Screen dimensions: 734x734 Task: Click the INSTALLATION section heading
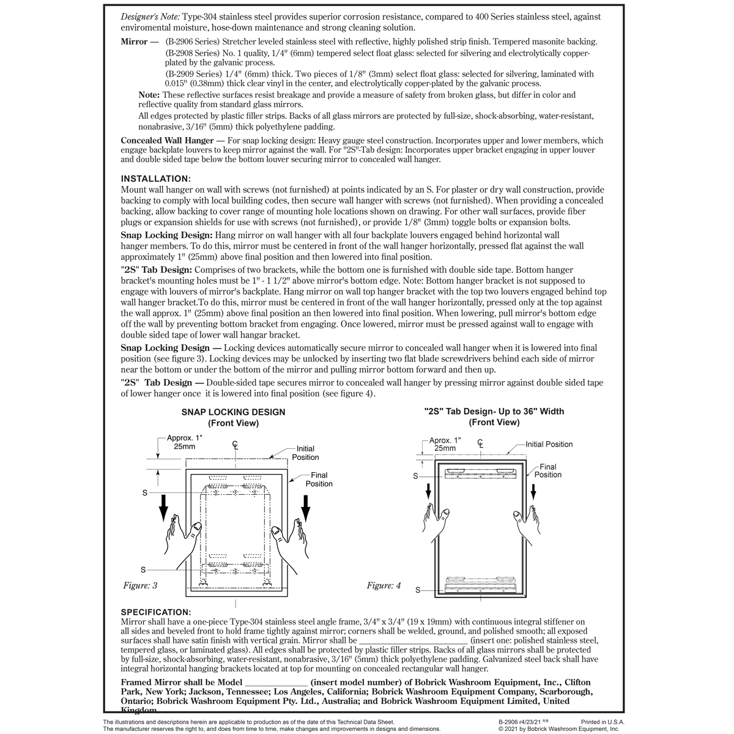[156, 179]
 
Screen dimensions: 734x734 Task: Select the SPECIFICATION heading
[156, 612]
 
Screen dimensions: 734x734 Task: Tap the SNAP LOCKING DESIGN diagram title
[233, 412]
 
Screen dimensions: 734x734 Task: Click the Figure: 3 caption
[140, 586]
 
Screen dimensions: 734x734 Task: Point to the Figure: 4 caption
[384, 586]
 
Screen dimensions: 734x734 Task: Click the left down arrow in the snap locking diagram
[164, 505]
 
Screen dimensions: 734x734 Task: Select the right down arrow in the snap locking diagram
[306, 505]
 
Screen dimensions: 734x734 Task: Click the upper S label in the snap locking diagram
[145, 493]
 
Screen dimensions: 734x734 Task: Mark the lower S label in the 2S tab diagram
[418, 590]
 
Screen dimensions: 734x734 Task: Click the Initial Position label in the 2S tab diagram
[549, 444]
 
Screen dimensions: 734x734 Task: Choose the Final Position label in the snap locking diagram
[319, 479]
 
